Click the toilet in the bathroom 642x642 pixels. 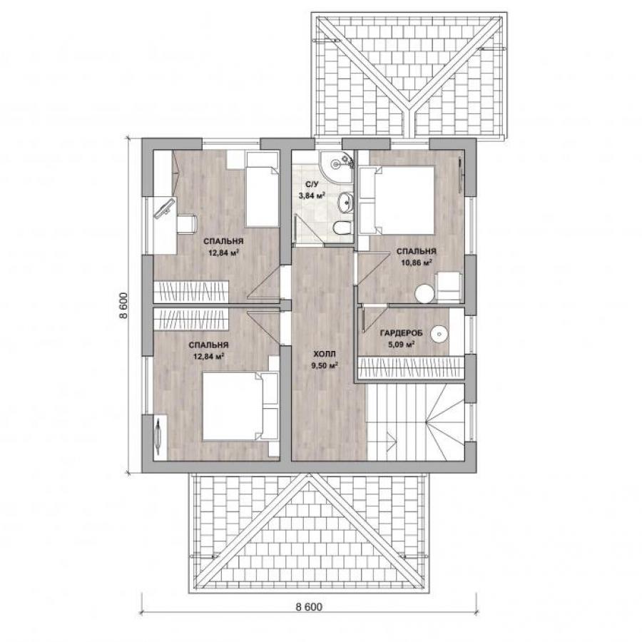click(342, 228)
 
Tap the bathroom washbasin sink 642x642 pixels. click(345, 202)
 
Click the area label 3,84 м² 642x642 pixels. click(312, 195)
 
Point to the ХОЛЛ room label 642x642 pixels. click(325, 353)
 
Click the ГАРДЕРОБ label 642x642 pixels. click(401, 333)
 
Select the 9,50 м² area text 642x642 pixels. click(325, 365)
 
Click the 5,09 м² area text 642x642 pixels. click(401, 345)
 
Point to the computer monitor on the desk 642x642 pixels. click(164, 209)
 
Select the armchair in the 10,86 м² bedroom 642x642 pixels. click(449, 287)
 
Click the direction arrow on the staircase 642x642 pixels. click(392, 440)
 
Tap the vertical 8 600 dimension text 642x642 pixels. click(124, 305)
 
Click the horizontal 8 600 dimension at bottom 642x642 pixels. click(309, 607)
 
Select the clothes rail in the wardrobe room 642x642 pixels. click(411, 367)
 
